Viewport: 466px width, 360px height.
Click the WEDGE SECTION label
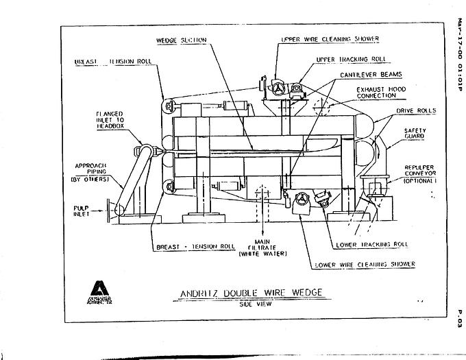pyautogui.click(x=182, y=40)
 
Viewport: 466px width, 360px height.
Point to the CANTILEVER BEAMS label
pyautogui.click(x=371, y=73)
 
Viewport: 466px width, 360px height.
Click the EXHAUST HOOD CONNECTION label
pyautogui.click(x=381, y=93)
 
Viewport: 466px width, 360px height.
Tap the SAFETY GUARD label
pyautogui.click(x=415, y=132)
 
